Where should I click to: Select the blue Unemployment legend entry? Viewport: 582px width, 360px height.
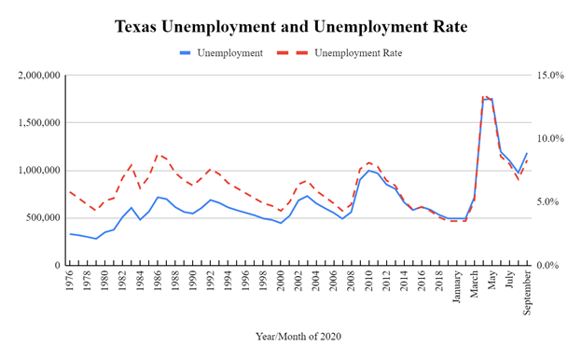click(229, 53)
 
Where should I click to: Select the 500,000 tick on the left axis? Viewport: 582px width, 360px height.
click(42, 218)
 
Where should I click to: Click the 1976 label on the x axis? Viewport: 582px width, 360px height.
click(71, 282)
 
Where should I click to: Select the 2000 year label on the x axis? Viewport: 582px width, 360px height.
click(281, 282)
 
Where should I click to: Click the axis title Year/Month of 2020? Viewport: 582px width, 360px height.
click(297, 333)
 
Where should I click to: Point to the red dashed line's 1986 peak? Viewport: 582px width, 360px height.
click(158, 155)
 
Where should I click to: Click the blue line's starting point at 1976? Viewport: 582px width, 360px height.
click(71, 234)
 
